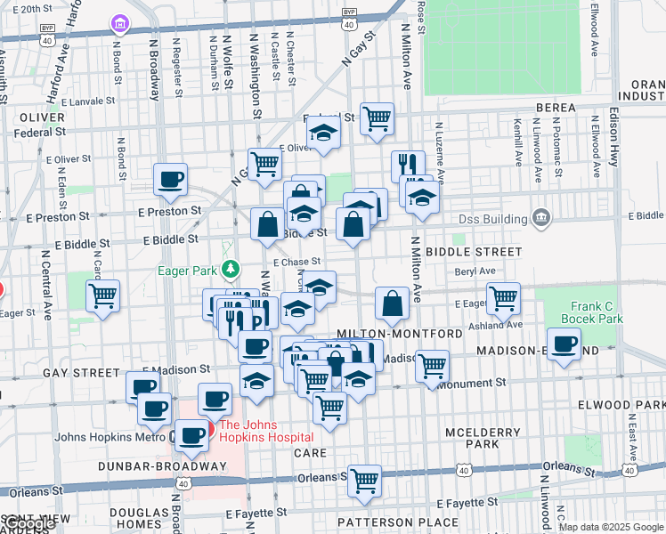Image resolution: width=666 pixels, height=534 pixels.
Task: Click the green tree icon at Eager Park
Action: click(231, 268)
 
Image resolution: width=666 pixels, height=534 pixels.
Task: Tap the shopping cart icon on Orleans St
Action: click(364, 481)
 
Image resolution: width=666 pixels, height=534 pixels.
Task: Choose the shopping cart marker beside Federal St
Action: click(378, 117)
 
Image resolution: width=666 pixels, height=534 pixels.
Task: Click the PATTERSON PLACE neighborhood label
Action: click(387, 522)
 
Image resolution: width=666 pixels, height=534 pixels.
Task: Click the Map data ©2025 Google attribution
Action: click(610, 527)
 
